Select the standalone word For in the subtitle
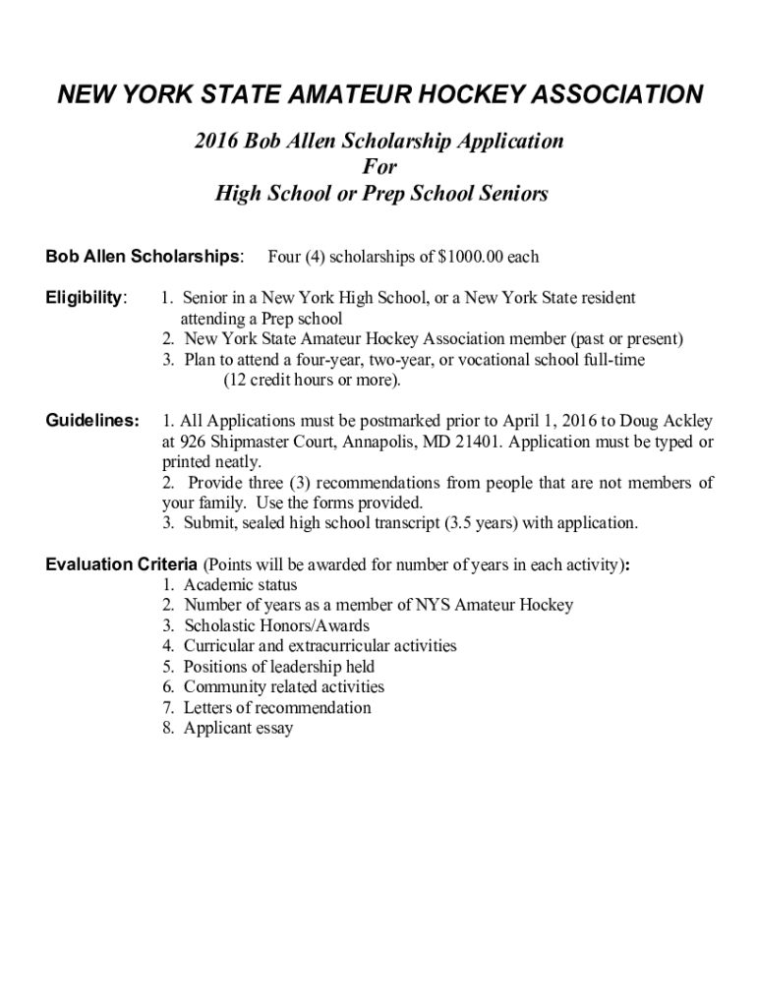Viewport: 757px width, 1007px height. coord(379,167)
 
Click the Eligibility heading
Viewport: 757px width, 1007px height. coord(87,297)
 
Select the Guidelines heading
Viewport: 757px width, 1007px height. coord(92,421)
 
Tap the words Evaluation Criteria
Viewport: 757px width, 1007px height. coord(122,564)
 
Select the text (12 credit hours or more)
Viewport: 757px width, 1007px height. coord(312,380)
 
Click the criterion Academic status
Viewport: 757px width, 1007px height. coord(240,585)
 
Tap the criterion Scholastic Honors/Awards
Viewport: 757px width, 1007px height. coord(276,625)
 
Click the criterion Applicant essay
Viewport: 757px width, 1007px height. coord(238,729)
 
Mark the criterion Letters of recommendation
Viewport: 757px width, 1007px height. coord(277,708)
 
